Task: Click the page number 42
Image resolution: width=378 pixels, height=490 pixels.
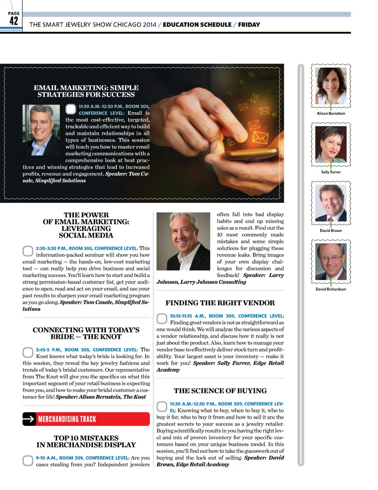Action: click(x=14, y=20)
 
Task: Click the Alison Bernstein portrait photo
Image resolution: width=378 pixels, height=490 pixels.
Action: click(x=331, y=85)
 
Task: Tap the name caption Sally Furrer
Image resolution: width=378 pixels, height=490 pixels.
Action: click(x=331, y=172)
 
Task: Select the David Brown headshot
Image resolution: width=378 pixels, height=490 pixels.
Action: click(x=331, y=203)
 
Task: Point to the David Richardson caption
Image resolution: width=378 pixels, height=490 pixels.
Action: click(x=331, y=289)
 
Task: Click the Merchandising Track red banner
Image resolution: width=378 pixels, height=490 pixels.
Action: click(x=86, y=419)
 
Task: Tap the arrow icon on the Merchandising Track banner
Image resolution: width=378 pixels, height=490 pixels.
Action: click(x=29, y=419)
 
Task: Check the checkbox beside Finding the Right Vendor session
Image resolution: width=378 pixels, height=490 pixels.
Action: click(x=162, y=318)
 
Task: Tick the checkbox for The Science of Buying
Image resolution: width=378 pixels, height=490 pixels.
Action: click(x=162, y=406)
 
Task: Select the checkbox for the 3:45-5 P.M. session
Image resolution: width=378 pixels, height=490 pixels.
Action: click(x=28, y=352)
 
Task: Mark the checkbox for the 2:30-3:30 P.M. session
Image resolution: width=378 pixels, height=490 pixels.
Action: click(x=28, y=251)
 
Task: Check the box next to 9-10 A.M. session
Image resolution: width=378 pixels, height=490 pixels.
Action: click(x=28, y=460)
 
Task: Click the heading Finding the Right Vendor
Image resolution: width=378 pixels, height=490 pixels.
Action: click(x=220, y=303)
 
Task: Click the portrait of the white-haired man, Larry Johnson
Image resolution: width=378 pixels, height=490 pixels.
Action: click(x=183, y=241)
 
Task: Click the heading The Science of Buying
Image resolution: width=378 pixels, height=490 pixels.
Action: click(x=220, y=391)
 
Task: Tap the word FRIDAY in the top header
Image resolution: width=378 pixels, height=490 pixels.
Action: click(x=249, y=25)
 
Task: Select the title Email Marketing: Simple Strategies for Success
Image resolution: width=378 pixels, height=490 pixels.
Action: click(x=86, y=91)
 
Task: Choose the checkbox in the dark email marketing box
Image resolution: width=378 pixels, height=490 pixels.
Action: click(x=70, y=109)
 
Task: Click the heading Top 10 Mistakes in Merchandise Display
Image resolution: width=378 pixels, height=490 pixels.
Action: click(x=86, y=441)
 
